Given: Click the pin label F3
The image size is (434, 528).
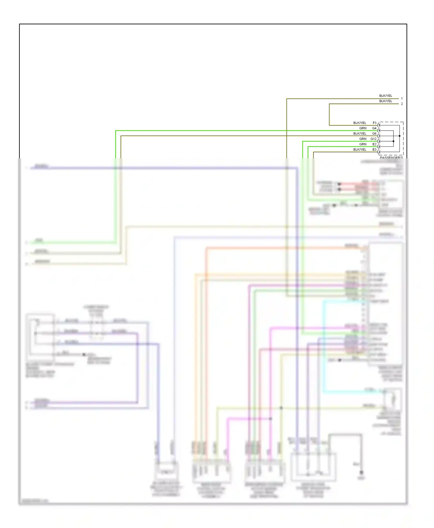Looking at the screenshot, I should click(374, 123).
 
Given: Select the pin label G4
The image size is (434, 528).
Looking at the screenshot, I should click(374, 128).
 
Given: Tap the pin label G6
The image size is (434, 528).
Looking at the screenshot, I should click(374, 133).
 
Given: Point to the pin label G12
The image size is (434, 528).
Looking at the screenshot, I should click(373, 139).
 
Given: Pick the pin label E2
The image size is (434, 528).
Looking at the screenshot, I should click(374, 144).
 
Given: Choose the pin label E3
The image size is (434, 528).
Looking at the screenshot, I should click(374, 149).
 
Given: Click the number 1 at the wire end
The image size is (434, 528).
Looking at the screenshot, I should click(402, 98).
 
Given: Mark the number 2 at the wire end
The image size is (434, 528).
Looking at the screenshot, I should click(402, 104).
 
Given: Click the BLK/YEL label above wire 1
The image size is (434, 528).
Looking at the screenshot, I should click(386, 96).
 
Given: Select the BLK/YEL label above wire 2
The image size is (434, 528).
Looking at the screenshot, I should click(386, 101).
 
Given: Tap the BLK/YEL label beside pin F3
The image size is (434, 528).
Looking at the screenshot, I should click(360, 123).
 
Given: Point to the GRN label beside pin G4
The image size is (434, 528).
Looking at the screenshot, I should click(363, 128).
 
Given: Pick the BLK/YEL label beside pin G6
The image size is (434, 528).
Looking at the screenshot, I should click(360, 133).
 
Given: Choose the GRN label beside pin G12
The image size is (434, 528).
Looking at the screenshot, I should click(363, 139).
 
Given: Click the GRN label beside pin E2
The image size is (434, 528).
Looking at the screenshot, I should click(363, 144).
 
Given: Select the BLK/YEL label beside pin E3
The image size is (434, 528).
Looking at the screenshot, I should click(360, 149).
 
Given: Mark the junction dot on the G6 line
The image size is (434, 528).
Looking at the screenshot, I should click(400, 136).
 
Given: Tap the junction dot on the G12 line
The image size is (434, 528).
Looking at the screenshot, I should click(393, 141).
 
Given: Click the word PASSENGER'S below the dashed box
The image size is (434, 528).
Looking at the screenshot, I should click(391, 157).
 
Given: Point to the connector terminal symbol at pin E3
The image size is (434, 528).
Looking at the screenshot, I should click(379, 152).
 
